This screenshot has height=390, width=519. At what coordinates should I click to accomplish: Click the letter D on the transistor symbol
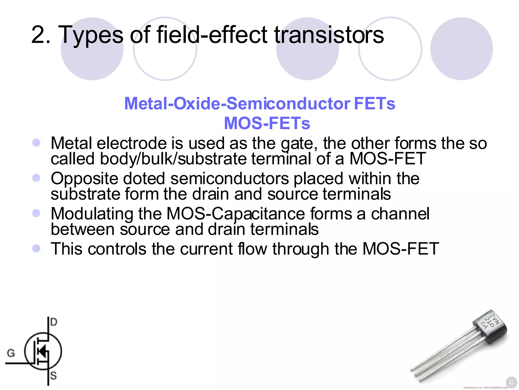(x=54, y=322)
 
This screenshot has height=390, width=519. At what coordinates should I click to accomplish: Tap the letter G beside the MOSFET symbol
(x=11, y=353)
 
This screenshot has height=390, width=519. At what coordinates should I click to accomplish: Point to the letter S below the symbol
(x=53, y=375)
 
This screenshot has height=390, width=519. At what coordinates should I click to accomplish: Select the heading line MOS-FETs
(x=267, y=123)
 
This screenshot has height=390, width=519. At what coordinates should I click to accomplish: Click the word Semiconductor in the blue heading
(x=288, y=104)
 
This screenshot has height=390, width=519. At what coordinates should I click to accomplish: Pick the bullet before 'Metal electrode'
(x=36, y=142)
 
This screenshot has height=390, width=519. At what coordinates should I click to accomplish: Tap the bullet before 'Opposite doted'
(x=36, y=178)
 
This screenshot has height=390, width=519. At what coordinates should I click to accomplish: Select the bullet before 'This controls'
(x=36, y=248)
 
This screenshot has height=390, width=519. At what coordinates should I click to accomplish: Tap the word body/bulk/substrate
(x=173, y=159)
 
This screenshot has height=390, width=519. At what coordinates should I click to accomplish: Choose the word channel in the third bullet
(x=400, y=214)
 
